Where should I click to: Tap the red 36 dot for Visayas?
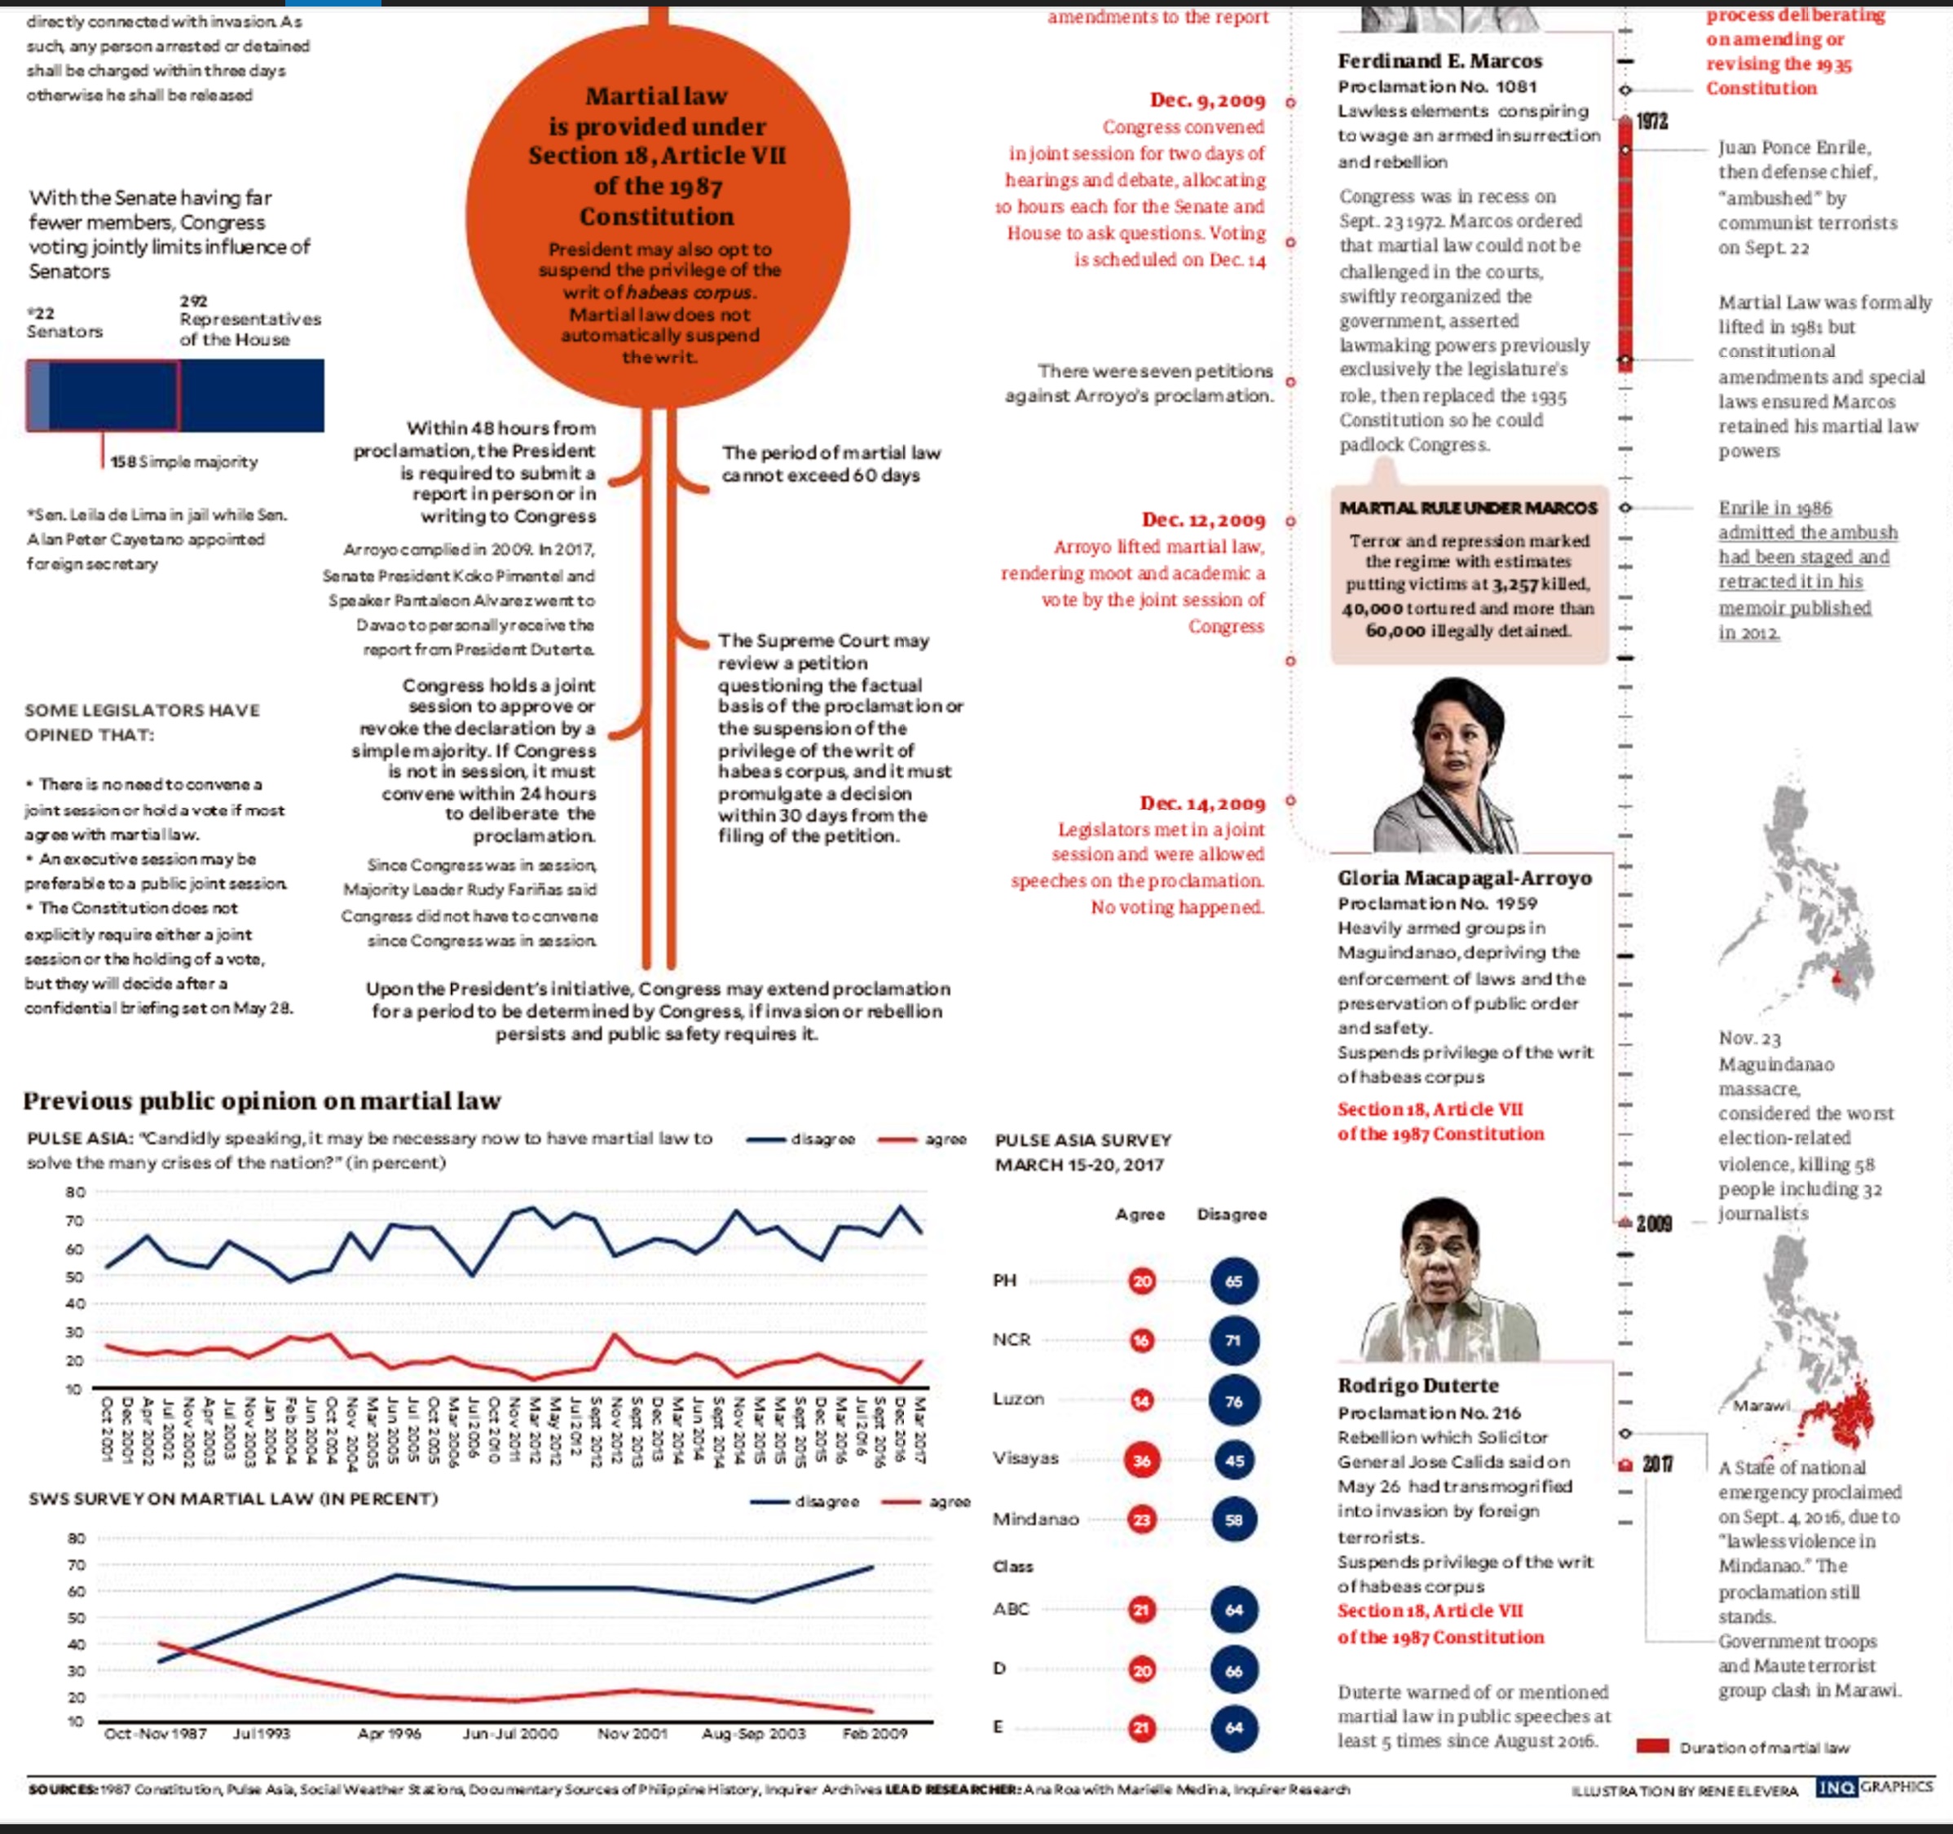(1141, 1461)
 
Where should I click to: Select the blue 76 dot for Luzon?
(1234, 1402)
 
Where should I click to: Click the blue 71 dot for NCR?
(1234, 1341)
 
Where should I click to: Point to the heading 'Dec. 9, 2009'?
(1207, 100)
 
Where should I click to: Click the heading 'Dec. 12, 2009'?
(1202, 521)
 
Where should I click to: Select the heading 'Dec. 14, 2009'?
(1201, 804)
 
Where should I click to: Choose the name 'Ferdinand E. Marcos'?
(1439, 61)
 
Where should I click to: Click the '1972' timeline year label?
(1651, 121)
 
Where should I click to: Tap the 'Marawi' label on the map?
(1761, 1406)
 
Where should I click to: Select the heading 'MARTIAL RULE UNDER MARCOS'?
(1468, 508)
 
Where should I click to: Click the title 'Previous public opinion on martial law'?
(262, 1101)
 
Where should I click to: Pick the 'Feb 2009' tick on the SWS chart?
(875, 1734)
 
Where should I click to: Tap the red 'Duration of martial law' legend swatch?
(1652, 1747)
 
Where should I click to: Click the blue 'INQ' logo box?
(1835, 1788)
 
